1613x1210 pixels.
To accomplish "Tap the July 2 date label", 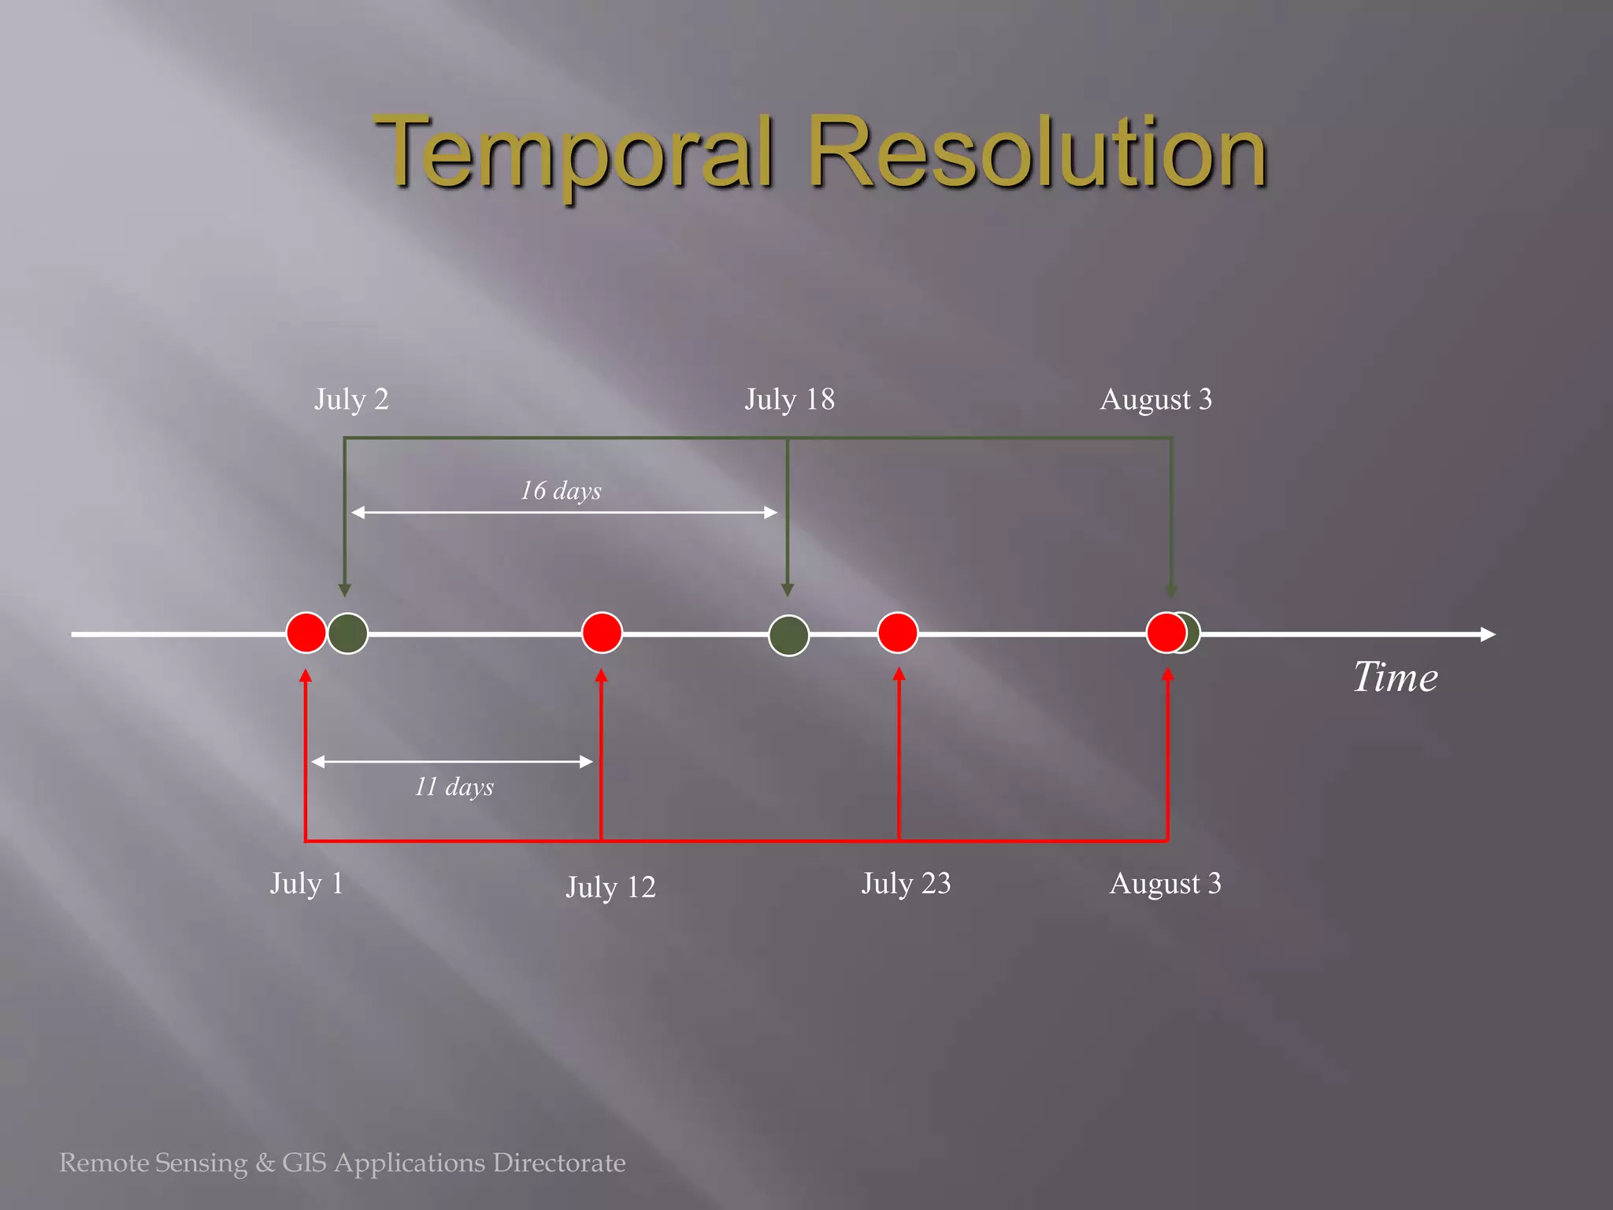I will [x=351, y=399].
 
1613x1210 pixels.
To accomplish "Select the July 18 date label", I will [x=789, y=399].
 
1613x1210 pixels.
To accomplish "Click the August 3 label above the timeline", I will [x=1155, y=399].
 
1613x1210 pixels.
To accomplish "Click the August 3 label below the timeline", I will [x=1165, y=883].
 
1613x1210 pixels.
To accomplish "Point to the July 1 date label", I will [x=306, y=883].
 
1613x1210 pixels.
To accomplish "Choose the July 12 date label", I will [x=610, y=887].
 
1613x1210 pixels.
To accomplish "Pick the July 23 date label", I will [x=906, y=883].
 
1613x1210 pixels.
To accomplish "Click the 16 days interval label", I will [x=560, y=491].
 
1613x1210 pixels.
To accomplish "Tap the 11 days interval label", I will [x=454, y=786].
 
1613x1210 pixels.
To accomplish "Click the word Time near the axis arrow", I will [x=1395, y=677].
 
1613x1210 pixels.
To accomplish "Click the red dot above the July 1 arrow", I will [x=306, y=633].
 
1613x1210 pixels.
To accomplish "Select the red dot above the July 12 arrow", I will [x=602, y=633].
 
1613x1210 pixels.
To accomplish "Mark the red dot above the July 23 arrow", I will [x=897, y=633].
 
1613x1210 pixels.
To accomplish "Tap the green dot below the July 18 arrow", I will [x=788, y=635].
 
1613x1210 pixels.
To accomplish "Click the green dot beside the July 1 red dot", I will [x=348, y=633].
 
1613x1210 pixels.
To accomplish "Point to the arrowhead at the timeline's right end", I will [x=1487, y=634].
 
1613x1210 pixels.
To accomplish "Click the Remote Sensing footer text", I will [x=342, y=1163].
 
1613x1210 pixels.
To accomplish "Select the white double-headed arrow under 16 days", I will [x=564, y=513].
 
